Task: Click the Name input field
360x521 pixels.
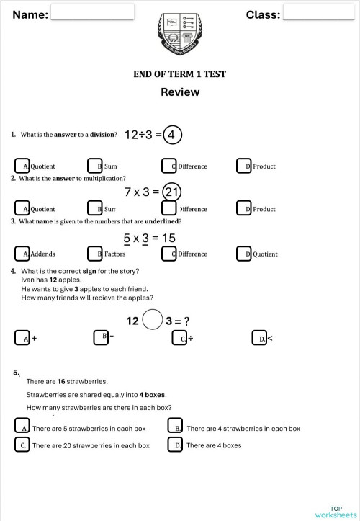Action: pos(93,12)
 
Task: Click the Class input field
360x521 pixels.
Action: pos(312,12)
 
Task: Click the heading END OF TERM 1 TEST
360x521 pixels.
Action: pos(180,74)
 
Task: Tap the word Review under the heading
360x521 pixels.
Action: pos(180,92)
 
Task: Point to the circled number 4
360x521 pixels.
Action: pos(172,135)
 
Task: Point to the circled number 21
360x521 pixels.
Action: pos(171,192)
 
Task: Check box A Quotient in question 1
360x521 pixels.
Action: pos(22,166)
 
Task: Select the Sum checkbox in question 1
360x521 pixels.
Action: pos(94,166)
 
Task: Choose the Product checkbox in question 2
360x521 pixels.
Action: pos(244,209)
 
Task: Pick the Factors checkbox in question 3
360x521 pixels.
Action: pos(94,254)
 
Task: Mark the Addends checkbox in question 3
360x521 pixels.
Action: pos(22,254)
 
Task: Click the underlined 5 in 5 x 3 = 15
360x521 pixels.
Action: pos(127,238)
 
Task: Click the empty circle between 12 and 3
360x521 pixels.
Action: pos(152,320)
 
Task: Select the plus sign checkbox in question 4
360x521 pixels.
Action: pos(22,338)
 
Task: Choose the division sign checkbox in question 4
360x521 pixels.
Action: pos(180,338)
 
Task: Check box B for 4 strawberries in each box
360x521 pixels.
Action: pos(175,428)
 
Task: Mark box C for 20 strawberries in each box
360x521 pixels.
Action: pos(22,445)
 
